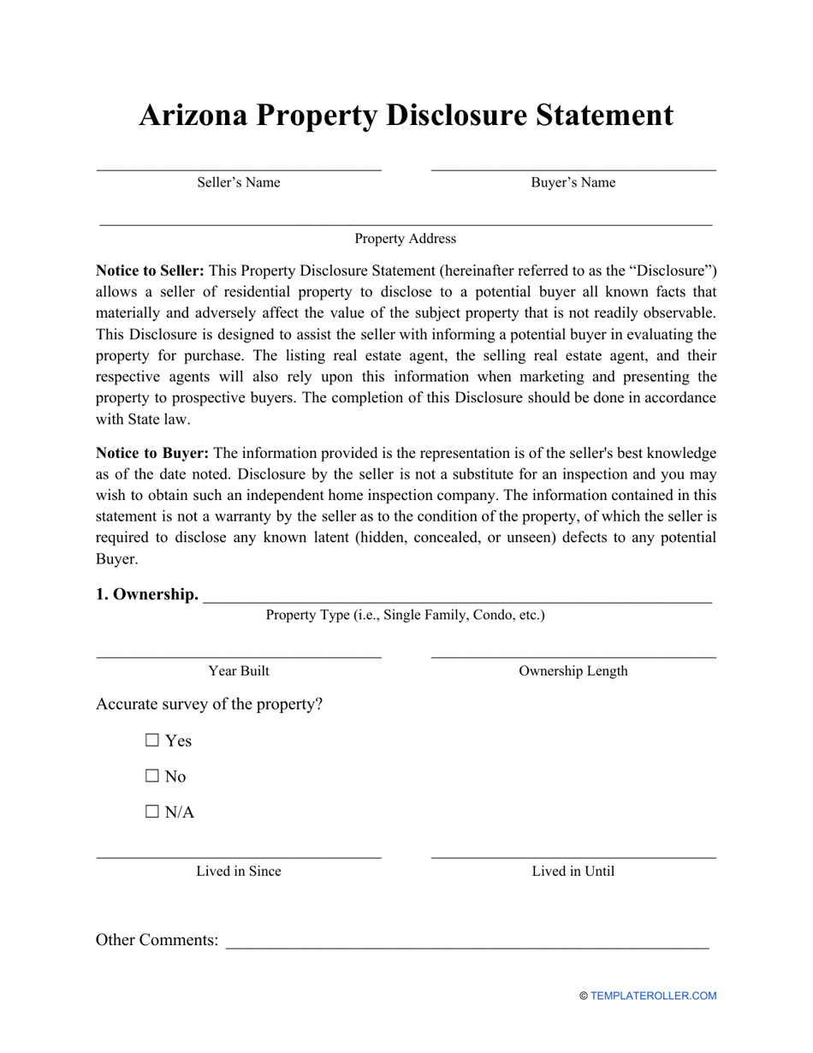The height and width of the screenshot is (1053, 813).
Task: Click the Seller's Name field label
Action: coord(239,182)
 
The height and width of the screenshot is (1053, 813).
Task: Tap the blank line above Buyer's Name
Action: coord(573,168)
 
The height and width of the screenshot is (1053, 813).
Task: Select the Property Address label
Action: coord(406,239)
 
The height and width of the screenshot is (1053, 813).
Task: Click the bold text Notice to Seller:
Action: coord(150,271)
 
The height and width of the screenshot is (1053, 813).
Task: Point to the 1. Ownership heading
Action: coord(147,594)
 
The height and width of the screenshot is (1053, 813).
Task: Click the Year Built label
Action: coord(239,671)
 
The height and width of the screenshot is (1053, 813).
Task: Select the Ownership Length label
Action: coord(573,671)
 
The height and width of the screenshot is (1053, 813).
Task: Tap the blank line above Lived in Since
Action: coord(239,855)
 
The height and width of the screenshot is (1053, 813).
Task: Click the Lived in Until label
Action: coord(573,872)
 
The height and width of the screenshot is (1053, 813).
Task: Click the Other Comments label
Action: coord(157,940)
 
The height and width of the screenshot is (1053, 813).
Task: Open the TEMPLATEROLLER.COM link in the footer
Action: coord(653,996)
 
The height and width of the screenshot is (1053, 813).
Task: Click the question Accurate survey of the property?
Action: coord(210,705)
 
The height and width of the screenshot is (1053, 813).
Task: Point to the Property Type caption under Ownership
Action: coord(405,615)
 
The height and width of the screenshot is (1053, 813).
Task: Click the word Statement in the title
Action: coord(590,116)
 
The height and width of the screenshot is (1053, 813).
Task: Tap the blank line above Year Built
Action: coord(239,656)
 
